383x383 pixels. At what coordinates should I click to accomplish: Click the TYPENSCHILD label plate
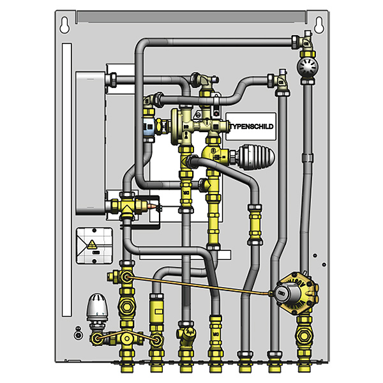251,126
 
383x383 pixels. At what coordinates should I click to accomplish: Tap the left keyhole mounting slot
64,25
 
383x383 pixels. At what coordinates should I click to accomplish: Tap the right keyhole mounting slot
319,25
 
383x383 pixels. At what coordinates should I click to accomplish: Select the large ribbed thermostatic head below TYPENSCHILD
256,156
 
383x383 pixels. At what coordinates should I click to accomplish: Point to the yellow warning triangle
92,244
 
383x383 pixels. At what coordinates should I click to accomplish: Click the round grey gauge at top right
308,66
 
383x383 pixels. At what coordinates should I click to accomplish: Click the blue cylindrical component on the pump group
148,127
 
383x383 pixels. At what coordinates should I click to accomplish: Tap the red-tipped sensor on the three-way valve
152,206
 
